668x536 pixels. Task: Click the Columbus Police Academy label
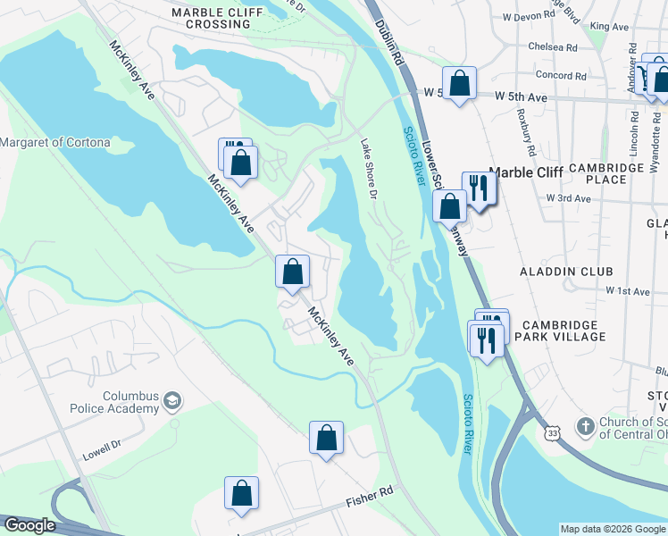click(x=116, y=403)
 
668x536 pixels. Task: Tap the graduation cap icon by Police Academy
click(x=172, y=403)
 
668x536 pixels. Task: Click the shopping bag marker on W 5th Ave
click(x=459, y=84)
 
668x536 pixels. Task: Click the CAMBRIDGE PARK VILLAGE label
click(x=564, y=331)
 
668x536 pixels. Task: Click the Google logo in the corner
click(x=30, y=525)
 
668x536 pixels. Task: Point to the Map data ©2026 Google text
click(x=613, y=529)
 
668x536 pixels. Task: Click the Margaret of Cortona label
click(x=55, y=142)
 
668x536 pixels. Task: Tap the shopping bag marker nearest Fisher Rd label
click(x=327, y=439)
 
